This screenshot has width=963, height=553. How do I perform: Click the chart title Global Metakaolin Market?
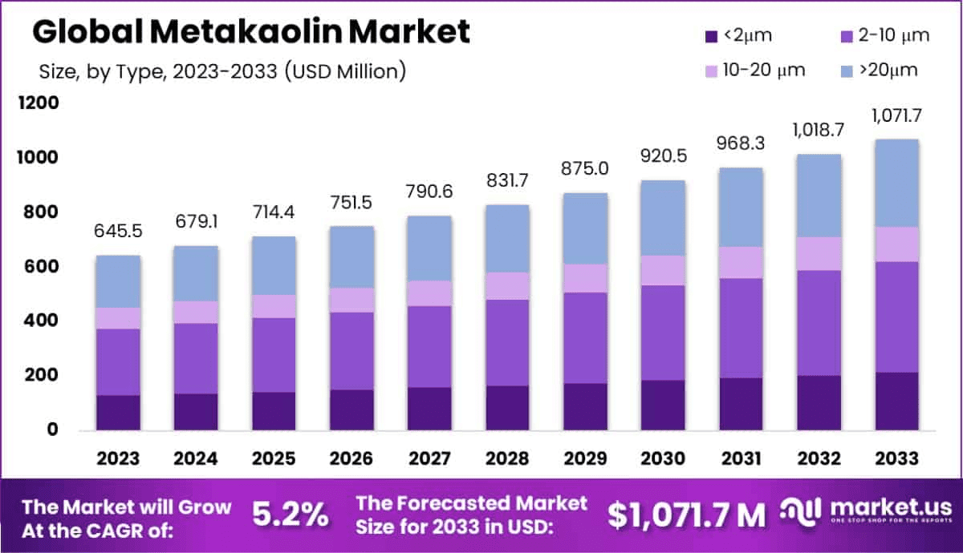(x=250, y=31)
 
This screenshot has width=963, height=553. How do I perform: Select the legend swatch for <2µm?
(x=710, y=36)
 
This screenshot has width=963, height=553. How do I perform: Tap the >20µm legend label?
(x=888, y=71)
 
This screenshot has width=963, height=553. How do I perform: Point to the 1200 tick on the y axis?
(x=39, y=103)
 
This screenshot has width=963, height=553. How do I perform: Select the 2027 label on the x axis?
(x=429, y=458)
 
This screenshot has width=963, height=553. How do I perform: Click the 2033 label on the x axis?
(x=897, y=458)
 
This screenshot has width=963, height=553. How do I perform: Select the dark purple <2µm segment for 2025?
(x=274, y=410)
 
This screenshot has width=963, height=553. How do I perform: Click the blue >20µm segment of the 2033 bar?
(x=897, y=183)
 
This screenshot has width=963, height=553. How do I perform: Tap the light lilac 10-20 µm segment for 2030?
(x=663, y=270)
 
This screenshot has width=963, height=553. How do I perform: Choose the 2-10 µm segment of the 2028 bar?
(x=507, y=342)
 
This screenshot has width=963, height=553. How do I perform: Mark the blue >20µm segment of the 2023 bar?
(x=118, y=281)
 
